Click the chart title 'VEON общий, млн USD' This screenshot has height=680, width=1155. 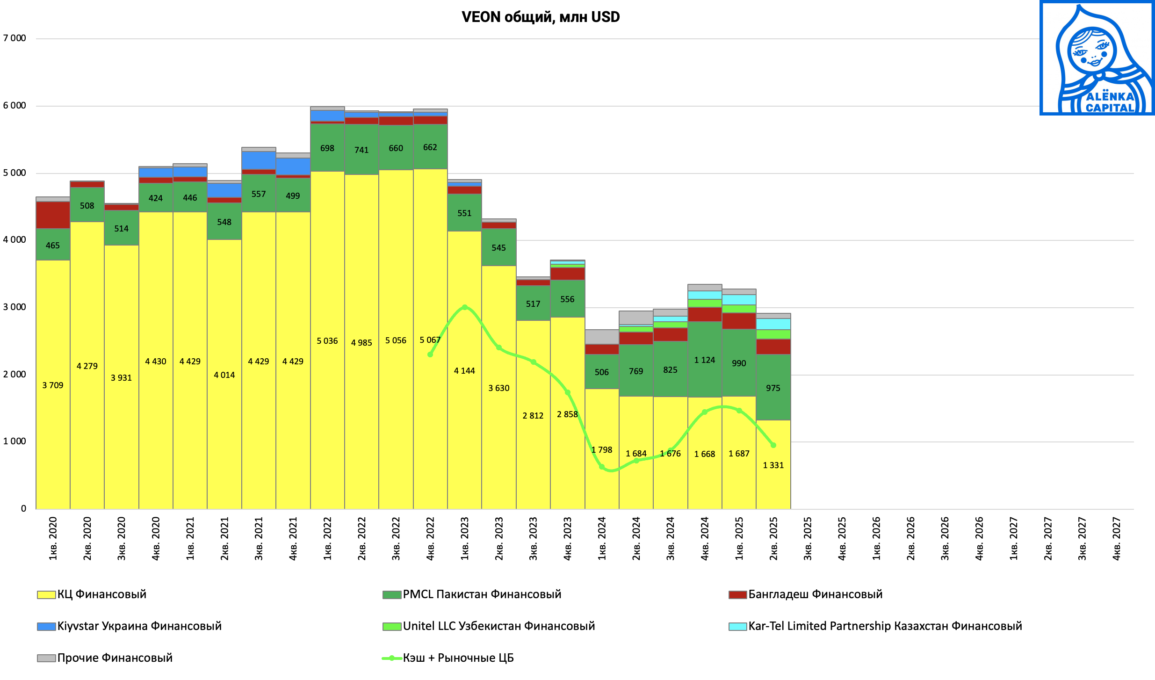(541, 17)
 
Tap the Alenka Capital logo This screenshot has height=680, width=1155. (1097, 58)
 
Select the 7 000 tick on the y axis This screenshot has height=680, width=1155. (15, 38)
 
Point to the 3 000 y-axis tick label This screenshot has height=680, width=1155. (15, 307)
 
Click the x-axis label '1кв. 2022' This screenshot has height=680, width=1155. (327, 538)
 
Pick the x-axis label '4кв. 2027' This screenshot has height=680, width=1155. (1116, 538)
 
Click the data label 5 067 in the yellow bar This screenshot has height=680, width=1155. (430, 340)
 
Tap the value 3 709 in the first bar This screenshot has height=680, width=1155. (53, 385)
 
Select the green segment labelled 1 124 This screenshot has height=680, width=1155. (705, 360)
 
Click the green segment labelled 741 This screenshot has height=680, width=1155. (361, 150)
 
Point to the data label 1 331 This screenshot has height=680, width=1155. (773, 465)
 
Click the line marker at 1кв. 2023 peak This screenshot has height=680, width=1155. (464, 307)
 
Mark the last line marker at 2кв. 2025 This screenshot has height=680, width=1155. (773, 445)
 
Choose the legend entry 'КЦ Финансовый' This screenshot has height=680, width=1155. (101, 594)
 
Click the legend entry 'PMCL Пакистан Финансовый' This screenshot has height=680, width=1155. (482, 594)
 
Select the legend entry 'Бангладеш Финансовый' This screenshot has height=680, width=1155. (815, 594)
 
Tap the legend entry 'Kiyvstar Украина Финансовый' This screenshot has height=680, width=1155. (139, 626)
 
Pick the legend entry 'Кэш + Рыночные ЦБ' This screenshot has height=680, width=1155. (458, 658)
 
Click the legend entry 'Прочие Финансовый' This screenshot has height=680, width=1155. (115, 658)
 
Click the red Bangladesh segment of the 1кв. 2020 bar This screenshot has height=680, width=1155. (53, 215)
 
